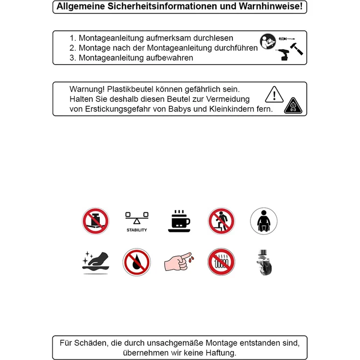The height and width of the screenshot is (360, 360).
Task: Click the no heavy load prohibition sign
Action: click(x=95, y=221)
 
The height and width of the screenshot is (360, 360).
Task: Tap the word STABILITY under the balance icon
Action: click(x=136, y=230)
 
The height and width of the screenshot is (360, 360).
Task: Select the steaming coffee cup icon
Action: click(x=179, y=221)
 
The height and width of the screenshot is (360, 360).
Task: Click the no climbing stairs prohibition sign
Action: click(x=221, y=221)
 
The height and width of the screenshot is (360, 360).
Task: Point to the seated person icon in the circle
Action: click(x=264, y=221)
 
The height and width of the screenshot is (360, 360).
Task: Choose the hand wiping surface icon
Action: click(x=96, y=263)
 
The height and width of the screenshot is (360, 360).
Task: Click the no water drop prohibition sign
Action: click(x=136, y=262)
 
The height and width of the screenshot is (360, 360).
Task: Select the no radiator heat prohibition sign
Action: click(x=221, y=262)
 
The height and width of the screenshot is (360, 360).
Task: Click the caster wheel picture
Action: click(x=264, y=262)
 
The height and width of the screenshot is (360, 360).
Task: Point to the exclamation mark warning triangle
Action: click(x=274, y=94)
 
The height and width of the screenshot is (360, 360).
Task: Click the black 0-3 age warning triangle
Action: click(x=293, y=106)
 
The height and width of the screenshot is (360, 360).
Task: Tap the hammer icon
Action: click(x=296, y=49)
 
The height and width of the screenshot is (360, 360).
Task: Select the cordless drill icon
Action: click(x=282, y=54)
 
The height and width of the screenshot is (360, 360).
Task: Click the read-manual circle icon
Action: click(x=268, y=41)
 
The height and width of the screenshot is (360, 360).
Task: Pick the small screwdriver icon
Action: click(x=287, y=39)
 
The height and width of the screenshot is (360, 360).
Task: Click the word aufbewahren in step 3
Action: click(x=169, y=58)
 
